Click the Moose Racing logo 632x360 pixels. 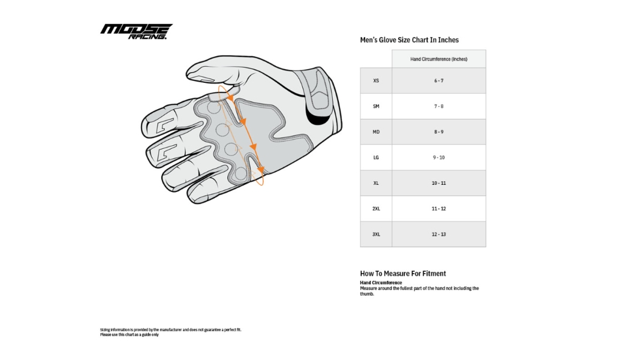tap(136, 31)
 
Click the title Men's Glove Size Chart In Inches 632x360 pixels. tap(409, 40)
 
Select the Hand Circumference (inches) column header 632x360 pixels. tap(438, 59)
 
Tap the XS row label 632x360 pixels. tap(376, 80)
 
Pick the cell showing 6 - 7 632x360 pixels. tap(438, 80)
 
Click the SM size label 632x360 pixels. tap(376, 106)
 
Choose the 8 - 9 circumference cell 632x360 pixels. tap(438, 132)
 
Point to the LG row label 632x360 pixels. tap(376, 157)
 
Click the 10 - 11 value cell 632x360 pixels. tap(438, 183)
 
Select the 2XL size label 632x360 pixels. tap(376, 209)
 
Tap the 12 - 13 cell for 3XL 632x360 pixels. tap(438, 234)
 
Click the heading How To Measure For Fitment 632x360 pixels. tap(402, 274)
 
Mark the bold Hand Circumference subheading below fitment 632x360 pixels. tap(381, 283)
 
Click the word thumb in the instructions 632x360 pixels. tap(366, 294)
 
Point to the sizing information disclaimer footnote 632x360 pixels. tap(170, 332)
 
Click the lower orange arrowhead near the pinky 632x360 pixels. tap(260, 170)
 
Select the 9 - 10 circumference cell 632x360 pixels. tap(438, 157)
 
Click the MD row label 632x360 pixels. tap(376, 132)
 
